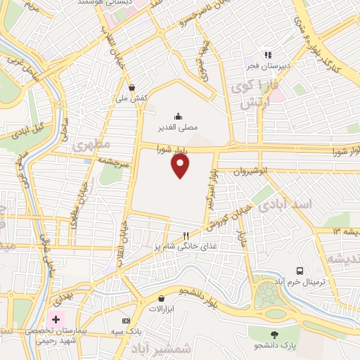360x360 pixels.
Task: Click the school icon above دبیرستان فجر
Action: [267, 54]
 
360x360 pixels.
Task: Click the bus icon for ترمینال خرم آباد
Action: [300, 271]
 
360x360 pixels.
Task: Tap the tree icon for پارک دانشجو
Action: [274, 335]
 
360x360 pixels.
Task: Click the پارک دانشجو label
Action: [274, 346]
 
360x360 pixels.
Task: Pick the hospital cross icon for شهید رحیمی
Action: [56, 319]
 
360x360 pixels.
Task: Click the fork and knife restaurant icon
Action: [186, 236]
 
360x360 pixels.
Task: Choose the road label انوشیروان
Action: [241, 170]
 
